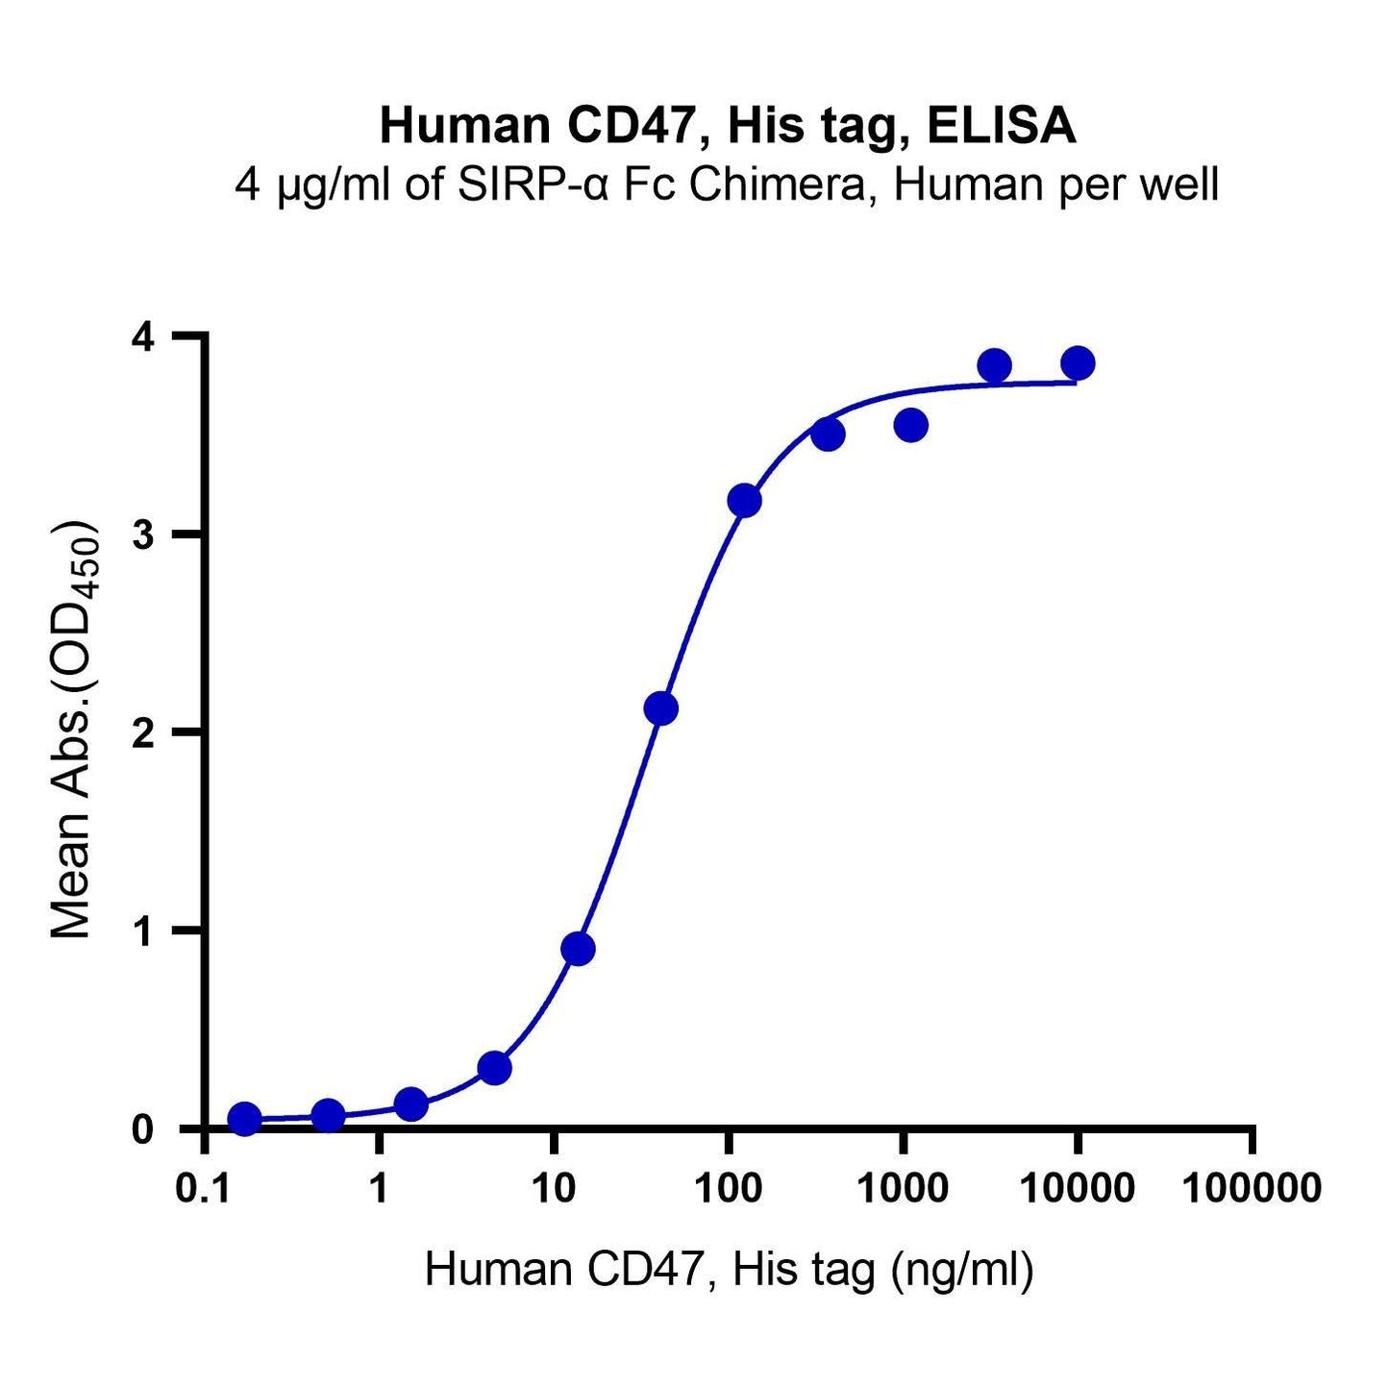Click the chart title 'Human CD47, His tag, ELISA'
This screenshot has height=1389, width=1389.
point(728,126)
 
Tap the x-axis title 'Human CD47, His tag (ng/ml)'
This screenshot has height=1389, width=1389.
point(729,1270)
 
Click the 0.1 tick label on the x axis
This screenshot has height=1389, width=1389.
point(204,1189)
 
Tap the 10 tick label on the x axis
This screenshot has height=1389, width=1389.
point(554,1189)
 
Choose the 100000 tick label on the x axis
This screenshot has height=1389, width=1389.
point(1252,1189)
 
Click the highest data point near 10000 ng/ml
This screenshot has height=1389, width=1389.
point(1078,363)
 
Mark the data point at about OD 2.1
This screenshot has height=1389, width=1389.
point(661,708)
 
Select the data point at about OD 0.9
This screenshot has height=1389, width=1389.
point(578,949)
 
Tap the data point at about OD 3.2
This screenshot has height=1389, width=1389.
point(745,501)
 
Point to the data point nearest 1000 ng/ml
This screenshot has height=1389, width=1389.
point(910,425)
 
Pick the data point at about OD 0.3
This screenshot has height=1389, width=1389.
point(494,1067)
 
